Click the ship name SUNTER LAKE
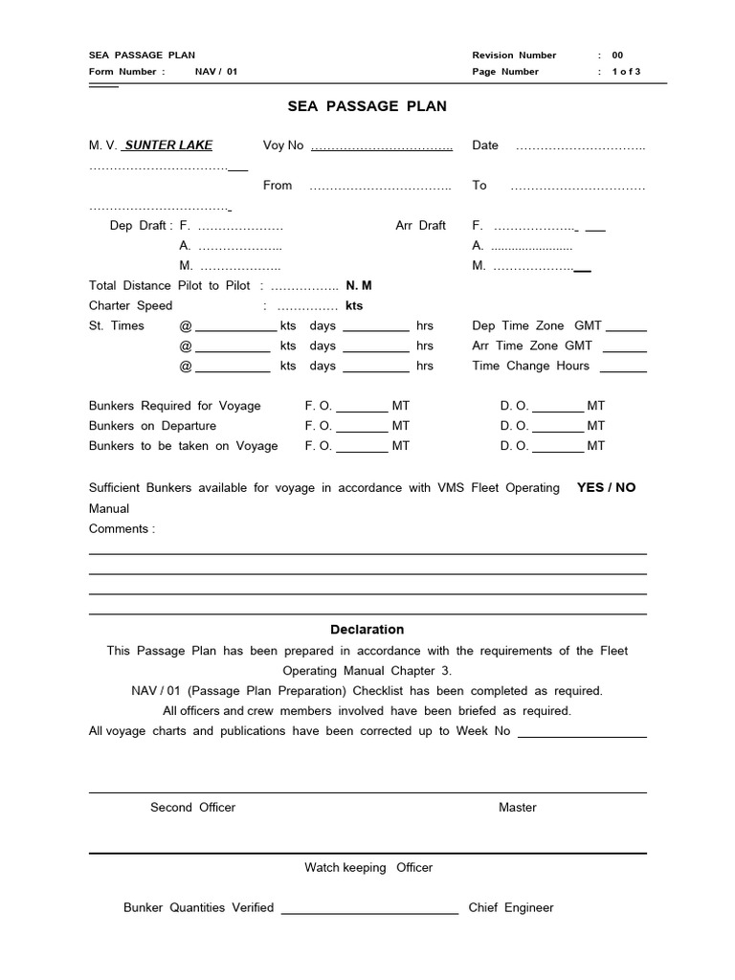pos(168,145)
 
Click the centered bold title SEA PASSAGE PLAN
pos(367,106)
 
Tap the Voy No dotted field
pos(381,147)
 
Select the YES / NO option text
pos(606,487)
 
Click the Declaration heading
pos(367,630)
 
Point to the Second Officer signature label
pos(192,808)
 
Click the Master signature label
pos(517,808)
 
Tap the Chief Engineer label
pos(510,908)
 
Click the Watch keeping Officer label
pos(368,868)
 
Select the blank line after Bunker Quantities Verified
pos(369,911)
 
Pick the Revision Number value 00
pos(617,56)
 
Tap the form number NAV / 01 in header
pos(215,72)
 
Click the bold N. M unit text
pos(359,285)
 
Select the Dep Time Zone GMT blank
pos(626,328)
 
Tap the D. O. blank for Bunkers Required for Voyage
pos(557,409)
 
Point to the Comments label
pos(121,529)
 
